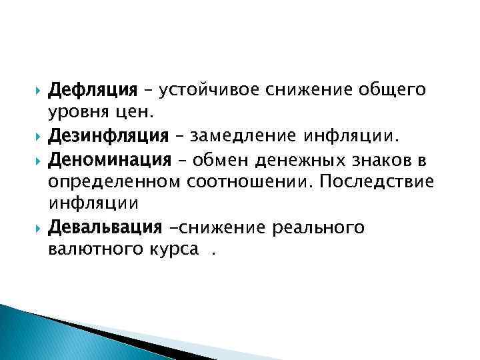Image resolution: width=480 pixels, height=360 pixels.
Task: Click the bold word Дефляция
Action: (93, 89)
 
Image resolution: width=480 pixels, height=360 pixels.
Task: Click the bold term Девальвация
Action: (106, 227)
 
